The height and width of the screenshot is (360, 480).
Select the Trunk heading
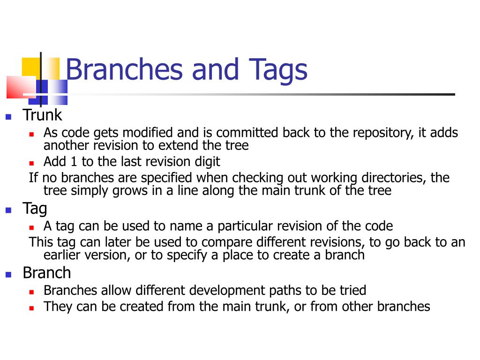[x=42, y=115]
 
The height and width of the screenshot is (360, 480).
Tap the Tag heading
[x=35, y=208]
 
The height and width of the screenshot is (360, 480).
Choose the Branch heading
[x=47, y=273]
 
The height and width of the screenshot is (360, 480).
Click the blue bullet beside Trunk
[x=8, y=117]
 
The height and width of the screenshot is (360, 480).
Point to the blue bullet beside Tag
[x=8, y=210]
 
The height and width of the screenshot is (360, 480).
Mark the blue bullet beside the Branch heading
[x=8, y=275]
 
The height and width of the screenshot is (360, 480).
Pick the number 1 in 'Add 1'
[x=73, y=162]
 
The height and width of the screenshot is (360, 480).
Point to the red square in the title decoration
[x=18, y=87]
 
